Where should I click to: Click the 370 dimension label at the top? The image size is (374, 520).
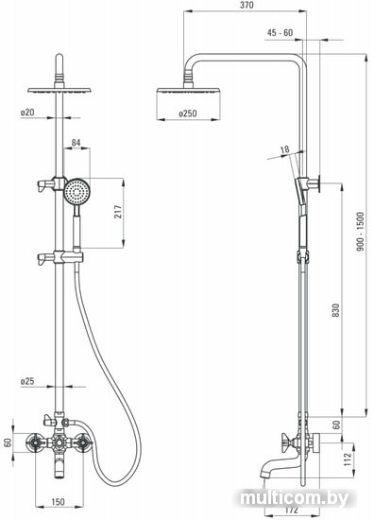point(246,5)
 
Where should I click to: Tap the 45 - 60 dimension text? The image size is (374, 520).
point(280,32)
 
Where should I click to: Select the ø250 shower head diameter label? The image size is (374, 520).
point(188,113)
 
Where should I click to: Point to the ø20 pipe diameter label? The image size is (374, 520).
point(27,113)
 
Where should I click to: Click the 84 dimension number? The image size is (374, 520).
point(76,143)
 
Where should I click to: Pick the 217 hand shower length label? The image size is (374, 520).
point(118,212)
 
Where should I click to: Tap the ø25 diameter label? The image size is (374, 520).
point(27,381)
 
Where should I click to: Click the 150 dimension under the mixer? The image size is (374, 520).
point(58,502)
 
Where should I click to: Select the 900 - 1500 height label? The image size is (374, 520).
point(361,232)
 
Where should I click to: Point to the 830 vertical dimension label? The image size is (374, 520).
point(336,310)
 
